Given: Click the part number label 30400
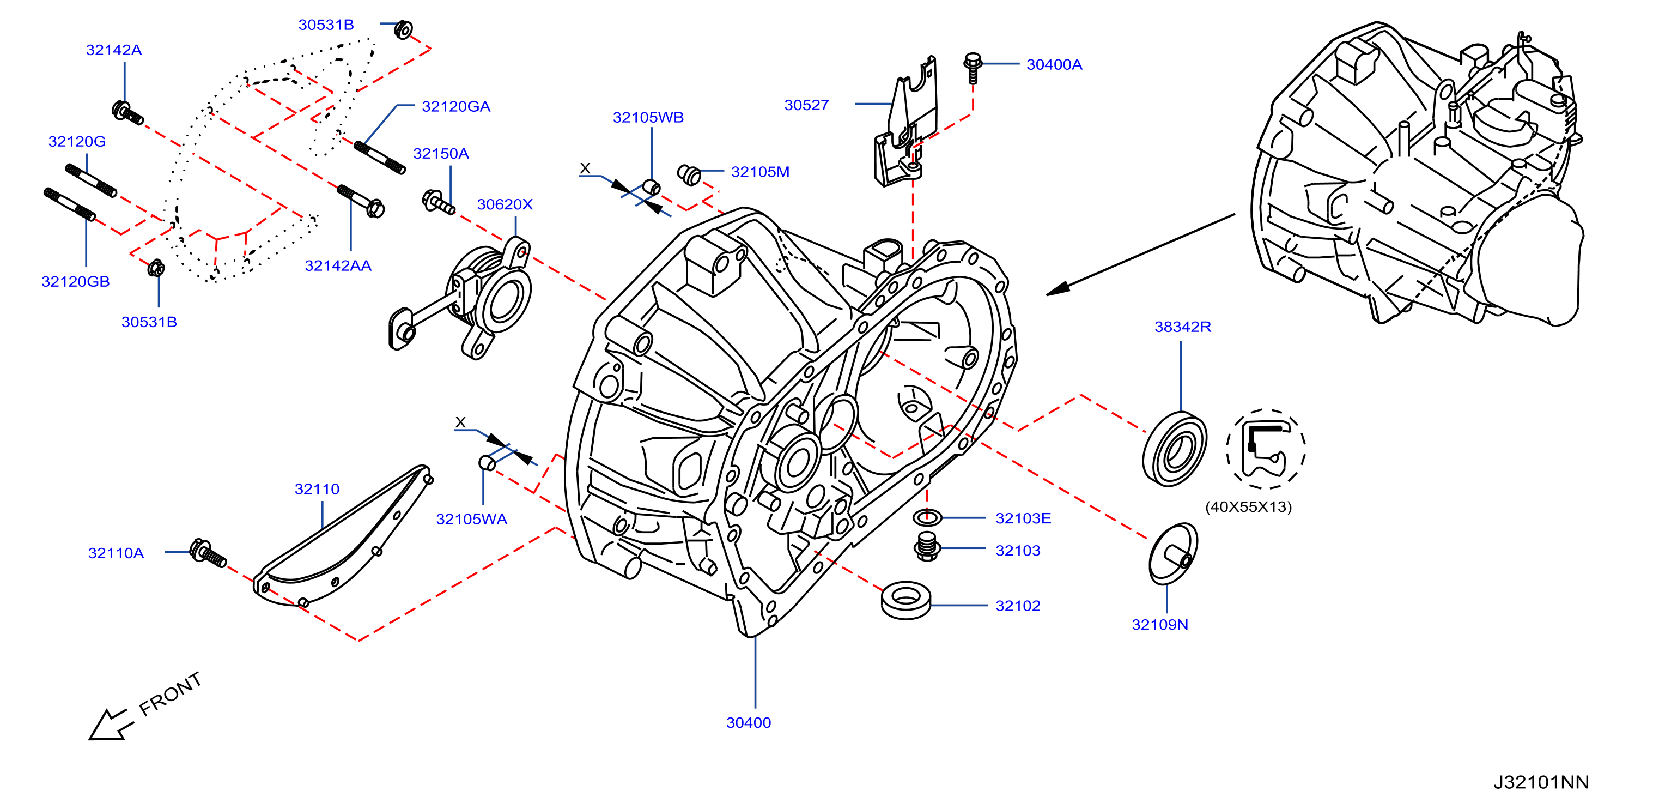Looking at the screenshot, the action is tap(748, 722).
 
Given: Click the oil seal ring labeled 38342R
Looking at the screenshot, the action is tap(1174, 449).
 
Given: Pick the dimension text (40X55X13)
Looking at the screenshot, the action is tap(1248, 506).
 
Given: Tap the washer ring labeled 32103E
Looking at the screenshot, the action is tap(927, 517).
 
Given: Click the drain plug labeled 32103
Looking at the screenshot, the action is tap(927, 547).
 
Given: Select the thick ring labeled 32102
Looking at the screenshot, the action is tap(906, 600).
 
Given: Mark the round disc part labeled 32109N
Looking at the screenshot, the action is tap(1173, 553).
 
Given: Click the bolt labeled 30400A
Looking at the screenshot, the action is tap(973, 68).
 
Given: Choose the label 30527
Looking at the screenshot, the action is tap(806, 105).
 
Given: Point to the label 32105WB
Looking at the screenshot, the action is tap(648, 118).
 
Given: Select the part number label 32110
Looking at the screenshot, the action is tap(317, 488).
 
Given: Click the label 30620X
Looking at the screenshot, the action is tap(505, 204).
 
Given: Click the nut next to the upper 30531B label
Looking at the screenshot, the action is tap(403, 29).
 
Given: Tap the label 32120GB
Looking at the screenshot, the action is tap(76, 281).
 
